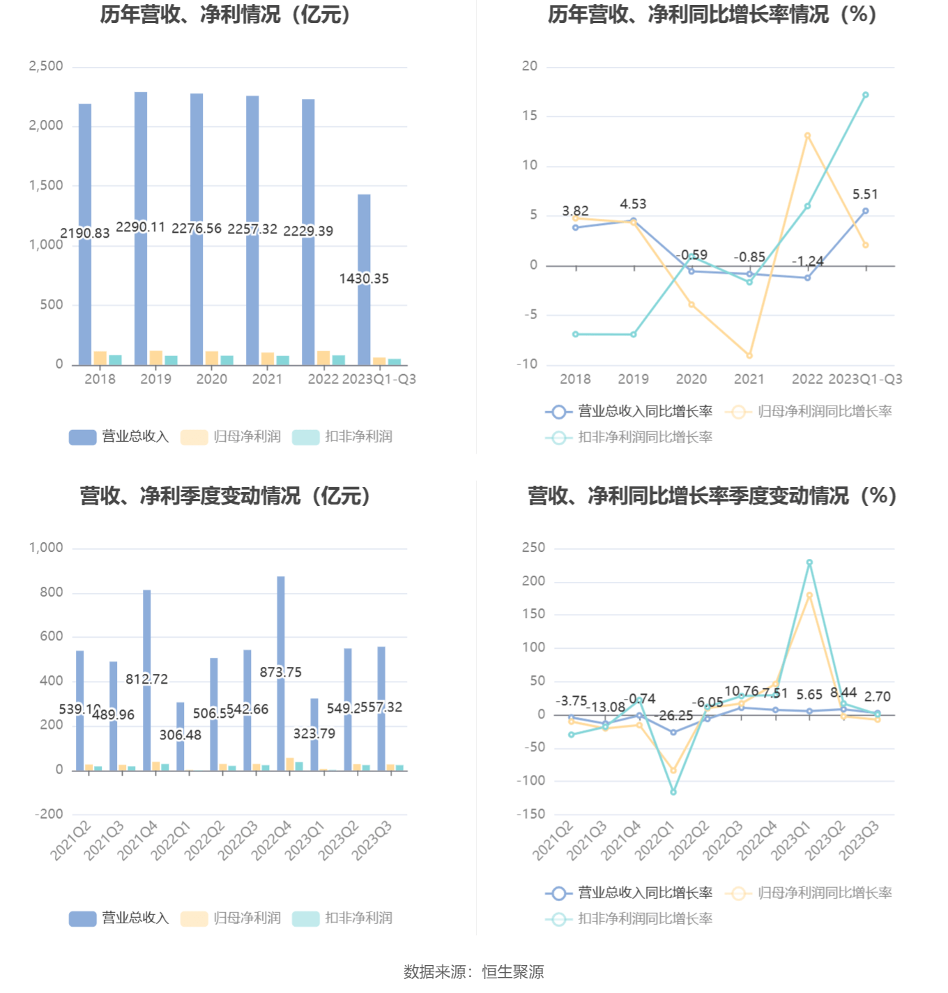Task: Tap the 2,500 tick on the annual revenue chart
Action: click(46, 66)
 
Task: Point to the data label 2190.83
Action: click(85, 233)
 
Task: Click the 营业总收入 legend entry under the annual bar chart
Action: click(119, 437)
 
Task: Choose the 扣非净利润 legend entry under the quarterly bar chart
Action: click(342, 918)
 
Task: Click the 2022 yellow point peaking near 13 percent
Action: click(807, 136)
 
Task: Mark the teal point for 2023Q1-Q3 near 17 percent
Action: click(865, 95)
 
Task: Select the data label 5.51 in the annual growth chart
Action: click(865, 194)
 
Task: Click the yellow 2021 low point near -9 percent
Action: click(749, 355)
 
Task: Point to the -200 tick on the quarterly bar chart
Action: click(49, 814)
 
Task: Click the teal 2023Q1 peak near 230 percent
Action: click(809, 562)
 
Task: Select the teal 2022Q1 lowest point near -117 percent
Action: click(673, 792)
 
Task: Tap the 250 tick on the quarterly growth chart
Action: click(533, 548)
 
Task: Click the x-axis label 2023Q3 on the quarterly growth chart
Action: click(859, 840)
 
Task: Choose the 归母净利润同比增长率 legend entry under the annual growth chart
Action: click(809, 412)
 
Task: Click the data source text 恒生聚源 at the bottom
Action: click(513, 972)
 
